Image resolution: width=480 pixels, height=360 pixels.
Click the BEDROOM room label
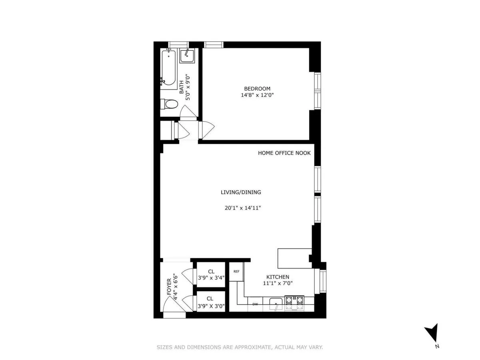257,88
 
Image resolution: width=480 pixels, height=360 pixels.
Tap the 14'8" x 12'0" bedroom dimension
257,95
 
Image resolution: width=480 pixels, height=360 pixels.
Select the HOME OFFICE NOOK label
284,153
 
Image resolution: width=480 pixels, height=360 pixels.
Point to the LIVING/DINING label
241,192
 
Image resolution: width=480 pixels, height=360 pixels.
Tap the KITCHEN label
278,277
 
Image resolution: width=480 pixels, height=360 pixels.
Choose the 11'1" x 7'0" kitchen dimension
278,283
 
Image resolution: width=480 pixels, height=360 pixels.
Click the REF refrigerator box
236,272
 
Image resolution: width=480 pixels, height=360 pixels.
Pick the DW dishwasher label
255,304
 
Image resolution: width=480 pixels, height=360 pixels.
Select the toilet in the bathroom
169,104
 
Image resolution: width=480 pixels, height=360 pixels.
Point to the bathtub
169,68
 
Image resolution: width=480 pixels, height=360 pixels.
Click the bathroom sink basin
186,56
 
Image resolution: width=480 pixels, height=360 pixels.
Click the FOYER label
169,287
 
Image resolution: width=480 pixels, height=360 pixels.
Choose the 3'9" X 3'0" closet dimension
211,306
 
